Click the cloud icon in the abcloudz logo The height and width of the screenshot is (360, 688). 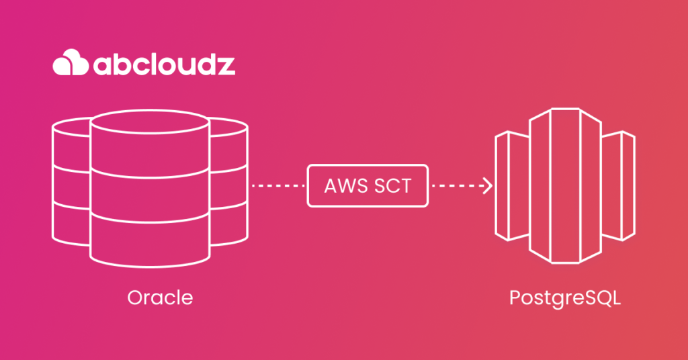[71, 63]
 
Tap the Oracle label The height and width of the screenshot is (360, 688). [159, 298]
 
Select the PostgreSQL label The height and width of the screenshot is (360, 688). [564, 298]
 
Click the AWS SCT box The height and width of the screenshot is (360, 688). [368, 185]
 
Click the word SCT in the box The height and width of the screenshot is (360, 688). [392, 185]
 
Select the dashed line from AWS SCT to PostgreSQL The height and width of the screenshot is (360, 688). [457, 185]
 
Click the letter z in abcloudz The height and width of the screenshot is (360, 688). [226, 64]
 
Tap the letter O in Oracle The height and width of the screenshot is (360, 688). [134, 298]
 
